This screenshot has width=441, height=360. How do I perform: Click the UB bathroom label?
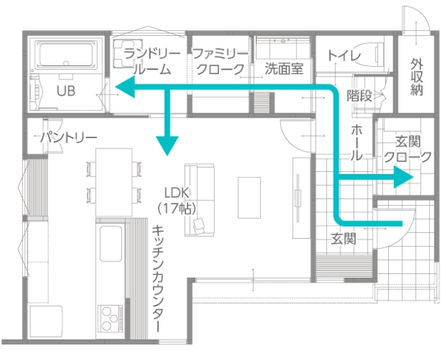66,91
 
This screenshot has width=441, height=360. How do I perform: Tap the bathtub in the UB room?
66,54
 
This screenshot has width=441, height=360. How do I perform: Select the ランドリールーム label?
152,61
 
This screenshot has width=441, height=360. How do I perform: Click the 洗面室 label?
284,68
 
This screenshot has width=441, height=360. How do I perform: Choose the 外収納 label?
417,76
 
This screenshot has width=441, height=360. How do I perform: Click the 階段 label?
359,96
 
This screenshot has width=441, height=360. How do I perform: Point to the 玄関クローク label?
407,149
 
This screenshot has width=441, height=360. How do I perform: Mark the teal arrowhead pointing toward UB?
125,87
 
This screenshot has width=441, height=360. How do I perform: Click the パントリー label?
68,137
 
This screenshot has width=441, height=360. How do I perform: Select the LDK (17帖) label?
176,201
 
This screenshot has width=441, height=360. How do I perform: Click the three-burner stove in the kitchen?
110,319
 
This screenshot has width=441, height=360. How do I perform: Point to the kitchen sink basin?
111,243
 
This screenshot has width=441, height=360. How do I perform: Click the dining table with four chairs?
114,182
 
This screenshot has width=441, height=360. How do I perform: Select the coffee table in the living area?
249,198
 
